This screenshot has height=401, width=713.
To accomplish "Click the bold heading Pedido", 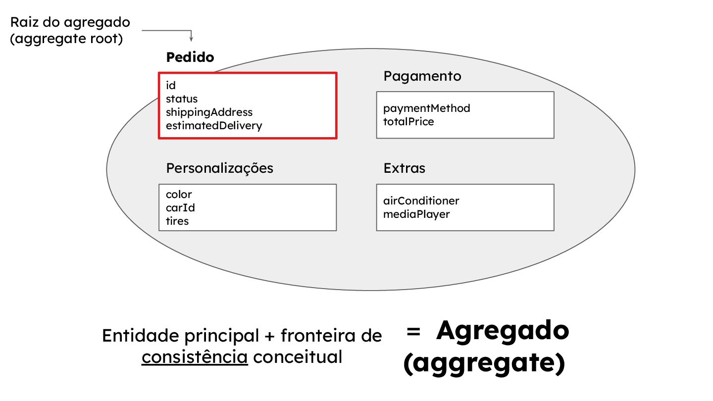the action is [x=190, y=57].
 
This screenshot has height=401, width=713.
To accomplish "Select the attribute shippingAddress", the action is [x=209, y=112].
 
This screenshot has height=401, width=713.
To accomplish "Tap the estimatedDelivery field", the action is [x=214, y=126].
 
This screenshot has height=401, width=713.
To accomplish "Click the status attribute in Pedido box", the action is [x=182, y=99].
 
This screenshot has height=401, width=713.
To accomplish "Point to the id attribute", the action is [x=171, y=86].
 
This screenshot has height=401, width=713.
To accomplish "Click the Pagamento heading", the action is [x=422, y=76].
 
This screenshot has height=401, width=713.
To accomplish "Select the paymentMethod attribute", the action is [x=427, y=108].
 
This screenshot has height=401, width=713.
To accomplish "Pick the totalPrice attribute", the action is [x=408, y=121].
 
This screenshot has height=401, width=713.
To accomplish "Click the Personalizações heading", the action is [x=219, y=168].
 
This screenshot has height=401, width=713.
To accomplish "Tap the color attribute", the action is [x=179, y=194].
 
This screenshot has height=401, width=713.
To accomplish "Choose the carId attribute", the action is [x=180, y=207].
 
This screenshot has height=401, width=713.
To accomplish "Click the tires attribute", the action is [x=177, y=221].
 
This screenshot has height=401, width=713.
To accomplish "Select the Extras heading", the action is [x=404, y=168].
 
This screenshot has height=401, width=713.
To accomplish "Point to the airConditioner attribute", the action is [x=421, y=200].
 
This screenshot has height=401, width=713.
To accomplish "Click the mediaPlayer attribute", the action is [x=416, y=214].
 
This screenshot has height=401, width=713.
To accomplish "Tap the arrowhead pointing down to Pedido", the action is [x=191, y=39].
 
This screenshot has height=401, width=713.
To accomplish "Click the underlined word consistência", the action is [x=195, y=357].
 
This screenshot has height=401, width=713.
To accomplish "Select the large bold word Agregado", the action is [x=503, y=331].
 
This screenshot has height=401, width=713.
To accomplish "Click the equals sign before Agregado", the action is [x=413, y=332].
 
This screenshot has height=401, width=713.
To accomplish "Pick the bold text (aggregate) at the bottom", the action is [x=484, y=364].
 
